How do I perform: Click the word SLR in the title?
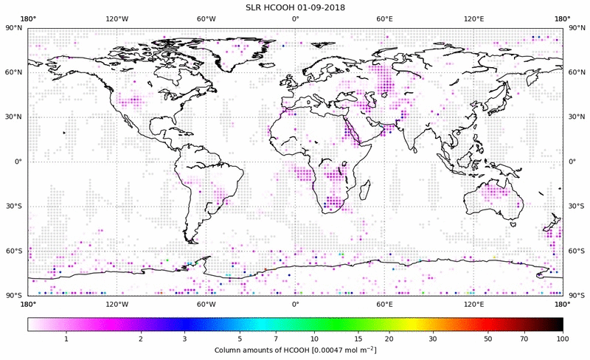(x=254, y=7)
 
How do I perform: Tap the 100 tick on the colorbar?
(x=562, y=339)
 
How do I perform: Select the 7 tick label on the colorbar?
(x=275, y=339)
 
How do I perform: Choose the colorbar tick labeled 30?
(x=433, y=339)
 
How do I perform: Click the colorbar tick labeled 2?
(x=140, y=339)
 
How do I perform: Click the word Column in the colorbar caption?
(x=228, y=349)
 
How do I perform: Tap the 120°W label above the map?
(x=117, y=18)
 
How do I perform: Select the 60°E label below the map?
(x=384, y=303)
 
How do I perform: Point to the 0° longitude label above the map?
(x=295, y=18)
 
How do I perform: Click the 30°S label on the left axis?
(x=15, y=206)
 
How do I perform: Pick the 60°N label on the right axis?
(x=575, y=72)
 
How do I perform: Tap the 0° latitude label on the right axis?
(x=572, y=162)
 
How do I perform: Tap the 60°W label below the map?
(x=206, y=303)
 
